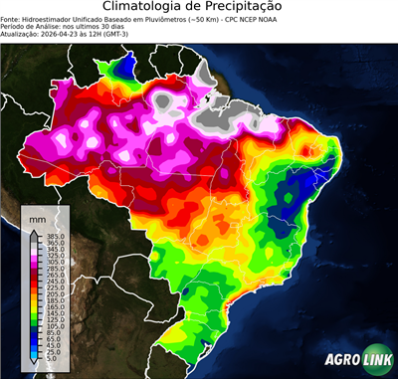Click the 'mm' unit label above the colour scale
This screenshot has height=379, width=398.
pos(37,217)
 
